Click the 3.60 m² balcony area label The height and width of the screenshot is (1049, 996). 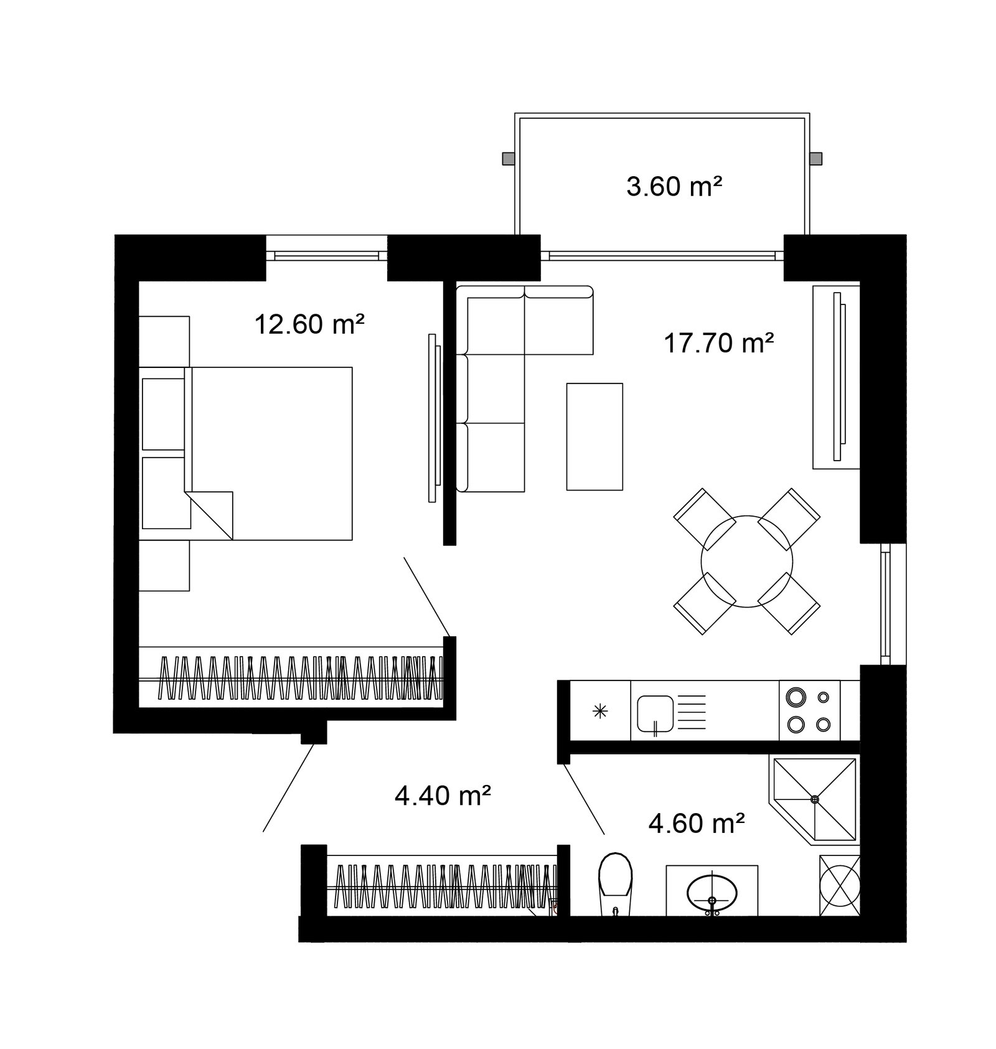[x=674, y=186]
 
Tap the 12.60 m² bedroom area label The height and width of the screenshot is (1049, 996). [x=309, y=324]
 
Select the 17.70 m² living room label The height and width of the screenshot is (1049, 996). [x=719, y=342]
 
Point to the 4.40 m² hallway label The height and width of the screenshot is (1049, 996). [x=444, y=795]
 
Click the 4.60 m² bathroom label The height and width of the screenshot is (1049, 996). [x=697, y=824]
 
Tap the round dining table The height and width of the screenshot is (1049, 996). [x=747, y=561]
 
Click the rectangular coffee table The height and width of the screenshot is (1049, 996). [x=594, y=436]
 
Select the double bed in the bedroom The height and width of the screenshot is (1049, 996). [x=269, y=453]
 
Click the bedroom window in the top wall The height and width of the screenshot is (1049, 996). [x=327, y=254]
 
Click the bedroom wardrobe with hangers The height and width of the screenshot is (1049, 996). [x=291, y=677]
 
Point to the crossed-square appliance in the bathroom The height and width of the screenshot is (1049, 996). [x=840, y=885]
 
